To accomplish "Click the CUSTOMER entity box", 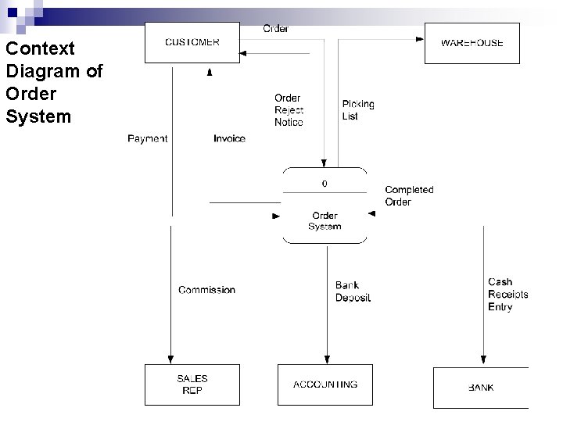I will point(192,42).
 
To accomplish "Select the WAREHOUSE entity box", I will point(472,43).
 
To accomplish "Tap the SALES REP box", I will point(192,384).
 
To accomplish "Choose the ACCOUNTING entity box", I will point(325,384).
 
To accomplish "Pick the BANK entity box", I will point(480,388).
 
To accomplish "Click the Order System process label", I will point(325,221).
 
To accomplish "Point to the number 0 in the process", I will point(325,184).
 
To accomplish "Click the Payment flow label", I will point(147,139).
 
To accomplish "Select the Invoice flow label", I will point(229,139).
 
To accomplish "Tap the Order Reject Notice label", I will point(289,110).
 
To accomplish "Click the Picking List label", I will point(357,110).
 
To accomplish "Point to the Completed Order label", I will point(409,196).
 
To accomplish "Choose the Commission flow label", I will point(206,290).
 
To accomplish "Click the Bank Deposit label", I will point(353,291).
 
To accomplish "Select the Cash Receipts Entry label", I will point(507,295).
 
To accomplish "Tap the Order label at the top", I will point(275,29).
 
